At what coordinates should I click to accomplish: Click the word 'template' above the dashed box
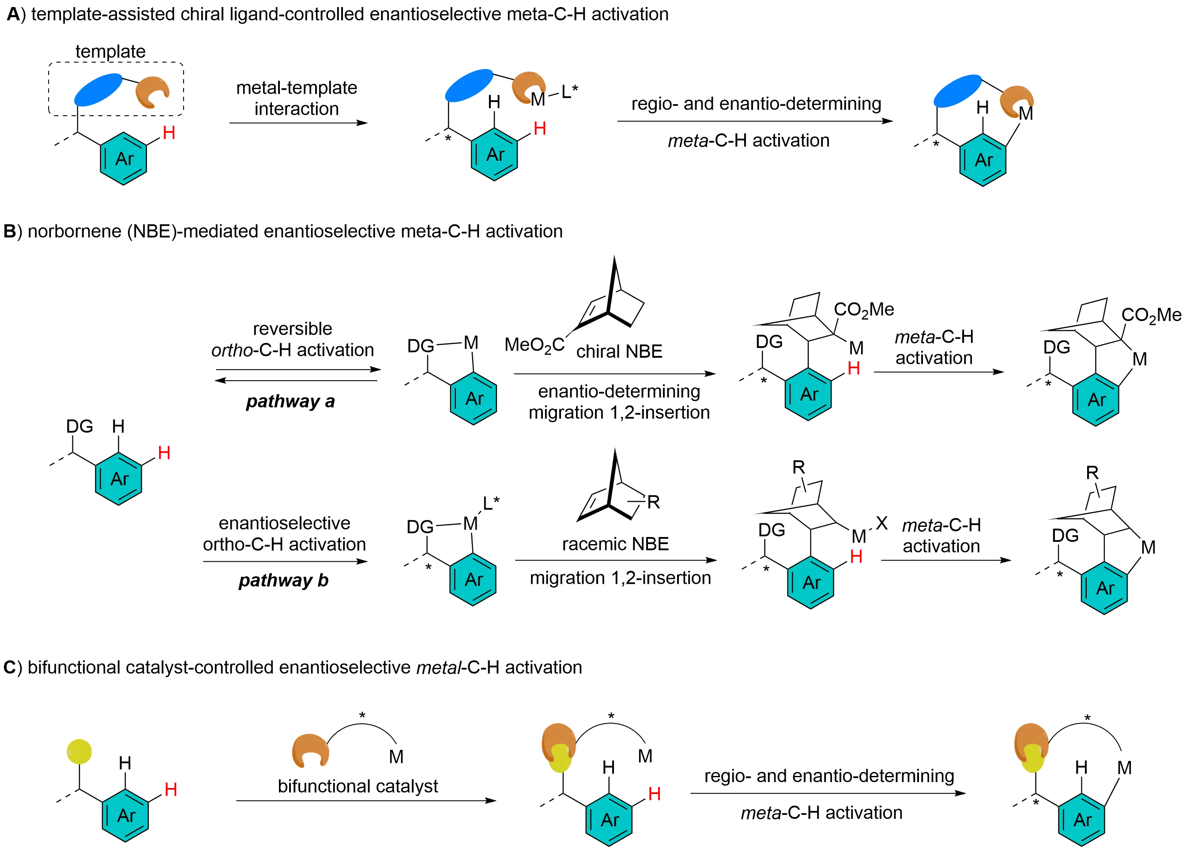click(110, 52)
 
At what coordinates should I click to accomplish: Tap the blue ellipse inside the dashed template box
click(99, 90)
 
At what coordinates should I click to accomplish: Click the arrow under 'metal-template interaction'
click(299, 122)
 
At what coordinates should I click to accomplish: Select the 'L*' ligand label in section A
click(569, 92)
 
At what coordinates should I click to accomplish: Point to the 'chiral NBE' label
click(619, 352)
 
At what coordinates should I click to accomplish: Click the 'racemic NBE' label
click(615, 545)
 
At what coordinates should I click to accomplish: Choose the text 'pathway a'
click(290, 402)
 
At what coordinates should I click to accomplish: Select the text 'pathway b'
click(283, 580)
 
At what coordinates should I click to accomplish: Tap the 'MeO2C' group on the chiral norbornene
click(534, 345)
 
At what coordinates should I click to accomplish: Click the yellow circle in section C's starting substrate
click(79, 751)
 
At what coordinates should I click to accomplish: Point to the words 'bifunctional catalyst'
click(358, 786)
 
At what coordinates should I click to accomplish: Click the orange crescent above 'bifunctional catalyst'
click(311, 751)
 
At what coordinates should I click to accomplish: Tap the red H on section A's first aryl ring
click(169, 133)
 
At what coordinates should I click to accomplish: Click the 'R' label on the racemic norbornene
click(653, 502)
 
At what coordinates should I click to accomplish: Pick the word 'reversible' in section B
click(293, 329)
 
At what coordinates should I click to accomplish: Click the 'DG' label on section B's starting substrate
click(79, 427)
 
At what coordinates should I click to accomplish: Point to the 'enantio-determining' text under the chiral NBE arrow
click(619, 391)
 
